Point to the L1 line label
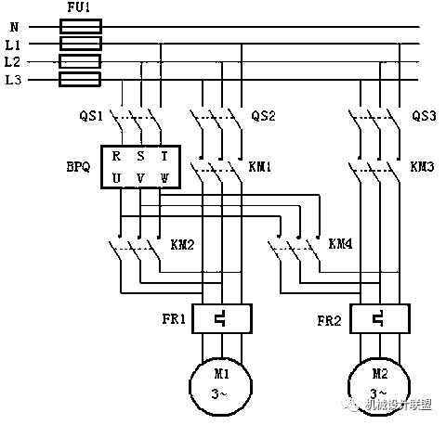coord(12,45)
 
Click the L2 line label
coord(12,62)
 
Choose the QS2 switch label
coord(264,118)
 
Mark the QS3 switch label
coord(424,118)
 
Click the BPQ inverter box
coord(138,166)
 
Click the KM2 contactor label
coord(182,245)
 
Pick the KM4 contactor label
coord(340,245)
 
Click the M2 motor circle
coord(380,382)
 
